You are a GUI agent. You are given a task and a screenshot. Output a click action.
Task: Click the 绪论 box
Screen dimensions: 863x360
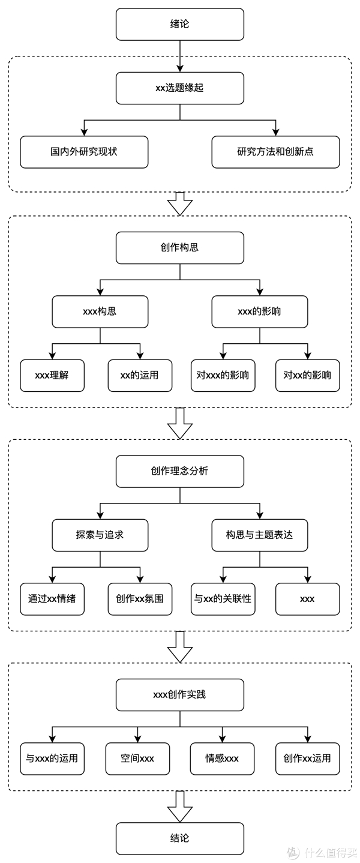pyautogui.click(x=179, y=24)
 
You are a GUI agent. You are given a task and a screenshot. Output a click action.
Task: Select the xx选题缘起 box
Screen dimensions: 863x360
pyautogui.click(x=179, y=88)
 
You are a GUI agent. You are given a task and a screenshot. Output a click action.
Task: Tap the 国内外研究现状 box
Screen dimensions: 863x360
pyautogui.click(x=84, y=152)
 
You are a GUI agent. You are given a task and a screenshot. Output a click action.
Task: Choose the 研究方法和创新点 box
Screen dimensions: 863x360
pyautogui.click(x=275, y=152)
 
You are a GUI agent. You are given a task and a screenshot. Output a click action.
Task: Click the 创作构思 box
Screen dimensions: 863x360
pyautogui.click(x=179, y=248)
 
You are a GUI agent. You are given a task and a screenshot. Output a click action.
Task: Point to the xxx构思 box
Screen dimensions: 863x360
pyautogui.click(x=100, y=311)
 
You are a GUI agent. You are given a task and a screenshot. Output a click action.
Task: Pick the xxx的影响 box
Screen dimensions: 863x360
pyautogui.click(x=259, y=311)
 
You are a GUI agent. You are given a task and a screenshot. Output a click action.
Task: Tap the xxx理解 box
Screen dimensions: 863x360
pyautogui.click(x=52, y=376)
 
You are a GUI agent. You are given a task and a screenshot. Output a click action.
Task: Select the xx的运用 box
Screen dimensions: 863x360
pyautogui.click(x=140, y=376)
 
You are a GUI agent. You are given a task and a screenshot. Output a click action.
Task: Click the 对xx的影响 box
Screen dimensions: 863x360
pyautogui.click(x=307, y=376)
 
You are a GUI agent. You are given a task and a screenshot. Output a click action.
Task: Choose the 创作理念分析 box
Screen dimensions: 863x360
pyautogui.click(x=179, y=471)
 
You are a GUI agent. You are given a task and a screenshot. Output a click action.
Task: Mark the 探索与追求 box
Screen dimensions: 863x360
pyautogui.click(x=100, y=535)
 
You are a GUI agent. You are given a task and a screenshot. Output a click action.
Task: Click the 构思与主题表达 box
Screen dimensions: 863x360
pyautogui.click(x=259, y=535)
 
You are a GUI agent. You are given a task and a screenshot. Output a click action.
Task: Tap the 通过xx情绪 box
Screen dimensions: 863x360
pyautogui.click(x=52, y=599)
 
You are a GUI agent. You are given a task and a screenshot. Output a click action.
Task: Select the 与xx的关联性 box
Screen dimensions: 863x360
pyautogui.click(x=223, y=599)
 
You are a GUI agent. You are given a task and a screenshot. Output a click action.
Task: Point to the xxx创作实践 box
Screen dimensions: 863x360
pyautogui.click(x=179, y=695)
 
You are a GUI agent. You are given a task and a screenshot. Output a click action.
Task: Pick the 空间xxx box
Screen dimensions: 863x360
pyautogui.click(x=137, y=759)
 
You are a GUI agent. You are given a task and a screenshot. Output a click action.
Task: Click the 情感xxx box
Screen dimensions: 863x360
pyautogui.click(x=222, y=759)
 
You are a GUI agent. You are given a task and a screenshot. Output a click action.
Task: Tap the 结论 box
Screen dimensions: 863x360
pyautogui.click(x=179, y=838)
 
